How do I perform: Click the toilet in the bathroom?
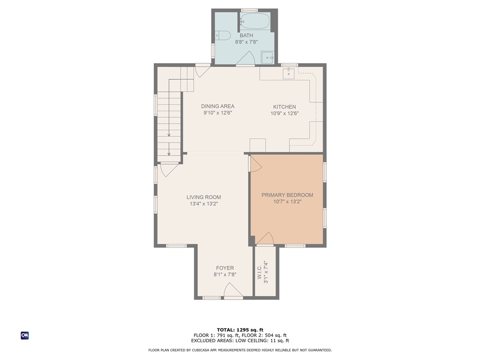223,35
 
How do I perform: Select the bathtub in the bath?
255,21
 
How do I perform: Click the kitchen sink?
288,73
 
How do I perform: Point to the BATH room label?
247,36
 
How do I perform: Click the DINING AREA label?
217,106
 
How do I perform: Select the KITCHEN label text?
285,107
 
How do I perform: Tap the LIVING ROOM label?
203,197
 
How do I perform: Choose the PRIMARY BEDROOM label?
287,195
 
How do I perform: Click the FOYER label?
225,268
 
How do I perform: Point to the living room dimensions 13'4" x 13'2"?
203,204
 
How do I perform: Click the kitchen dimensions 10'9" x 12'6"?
285,113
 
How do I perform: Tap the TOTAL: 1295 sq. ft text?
240,330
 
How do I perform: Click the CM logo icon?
25,335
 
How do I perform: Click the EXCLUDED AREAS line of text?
240,341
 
